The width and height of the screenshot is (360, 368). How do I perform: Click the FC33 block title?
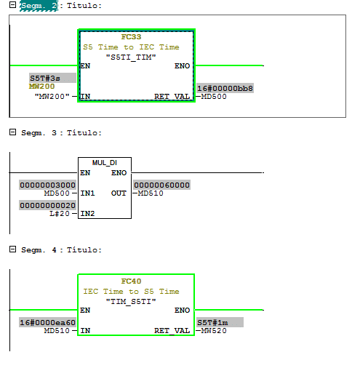tap(131, 37)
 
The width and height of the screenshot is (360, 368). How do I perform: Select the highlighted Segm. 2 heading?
tap(39, 6)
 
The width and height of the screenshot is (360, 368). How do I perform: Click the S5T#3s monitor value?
tap(45, 78)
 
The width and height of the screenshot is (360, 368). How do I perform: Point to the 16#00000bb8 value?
tap(225, 88)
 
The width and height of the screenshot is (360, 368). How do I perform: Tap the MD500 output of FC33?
tap(214, 97)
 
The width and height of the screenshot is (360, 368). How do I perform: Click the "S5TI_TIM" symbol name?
tap(131, 57)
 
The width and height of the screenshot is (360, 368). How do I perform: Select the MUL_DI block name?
tap(105, 162)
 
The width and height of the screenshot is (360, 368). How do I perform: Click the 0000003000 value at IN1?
tap(47, 185)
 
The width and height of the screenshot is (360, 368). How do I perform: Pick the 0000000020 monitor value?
tap(47, 205)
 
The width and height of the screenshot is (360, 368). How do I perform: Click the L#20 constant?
tap(60, 214)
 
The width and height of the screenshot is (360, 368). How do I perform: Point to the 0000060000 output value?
tap(161, 185)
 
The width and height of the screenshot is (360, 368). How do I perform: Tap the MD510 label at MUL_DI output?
tap(151, 193)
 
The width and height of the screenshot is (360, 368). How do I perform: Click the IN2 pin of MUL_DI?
tap(87, 214)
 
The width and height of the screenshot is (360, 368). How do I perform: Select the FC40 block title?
tap(131, 281)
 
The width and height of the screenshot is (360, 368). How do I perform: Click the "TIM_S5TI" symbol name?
tap(131, 302)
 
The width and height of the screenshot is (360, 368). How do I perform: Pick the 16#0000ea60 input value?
tap(47, 322)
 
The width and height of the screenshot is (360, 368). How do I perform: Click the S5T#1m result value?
tap(212, 322)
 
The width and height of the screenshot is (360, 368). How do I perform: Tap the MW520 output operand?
tap(214, 331)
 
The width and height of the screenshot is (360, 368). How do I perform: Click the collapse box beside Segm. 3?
tap(12, 132)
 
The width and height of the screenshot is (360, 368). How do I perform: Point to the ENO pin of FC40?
tap(182, 311)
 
